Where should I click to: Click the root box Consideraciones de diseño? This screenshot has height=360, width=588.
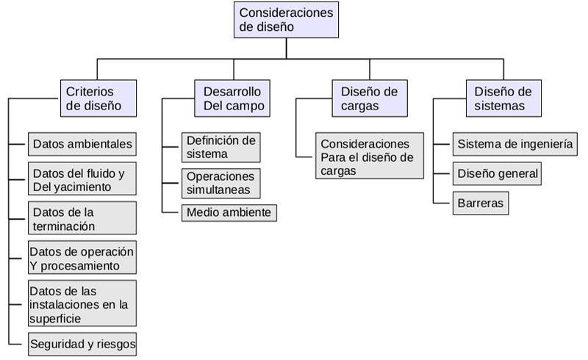point(286,20)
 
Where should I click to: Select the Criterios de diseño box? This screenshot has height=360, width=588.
point(98,98)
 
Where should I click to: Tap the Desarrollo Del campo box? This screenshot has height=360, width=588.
point(233,98)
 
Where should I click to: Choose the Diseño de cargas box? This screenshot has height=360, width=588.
point(369,98)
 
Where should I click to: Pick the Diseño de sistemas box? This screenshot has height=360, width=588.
point(503,98)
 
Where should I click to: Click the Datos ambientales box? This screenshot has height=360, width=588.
point(82,144)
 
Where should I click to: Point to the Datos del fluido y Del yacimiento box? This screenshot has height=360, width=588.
point(82,180)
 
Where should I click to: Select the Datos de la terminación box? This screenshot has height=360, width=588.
point(82,219)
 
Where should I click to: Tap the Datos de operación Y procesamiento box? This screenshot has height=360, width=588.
point(82,258)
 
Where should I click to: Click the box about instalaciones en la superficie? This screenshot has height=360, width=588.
point(82,304)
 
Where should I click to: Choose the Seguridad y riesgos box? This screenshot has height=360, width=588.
point(82,344)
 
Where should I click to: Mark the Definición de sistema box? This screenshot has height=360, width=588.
point(220,147)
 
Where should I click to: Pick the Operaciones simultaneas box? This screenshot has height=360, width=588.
point(220,183)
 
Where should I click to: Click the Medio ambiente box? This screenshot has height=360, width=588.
point(229,213)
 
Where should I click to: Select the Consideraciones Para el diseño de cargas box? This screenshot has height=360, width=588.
point(370,156)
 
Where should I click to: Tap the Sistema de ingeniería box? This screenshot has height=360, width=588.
point(514,144)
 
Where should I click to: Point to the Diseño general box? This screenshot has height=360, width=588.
point(498,174)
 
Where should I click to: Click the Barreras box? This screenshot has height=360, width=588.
point(481,203)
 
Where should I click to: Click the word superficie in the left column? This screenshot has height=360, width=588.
point(56,318)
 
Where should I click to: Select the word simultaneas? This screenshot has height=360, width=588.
point(218,190)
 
